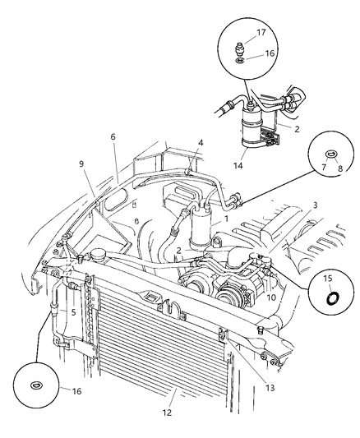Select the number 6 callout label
coord(113,137)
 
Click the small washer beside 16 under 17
coord(238,59)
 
